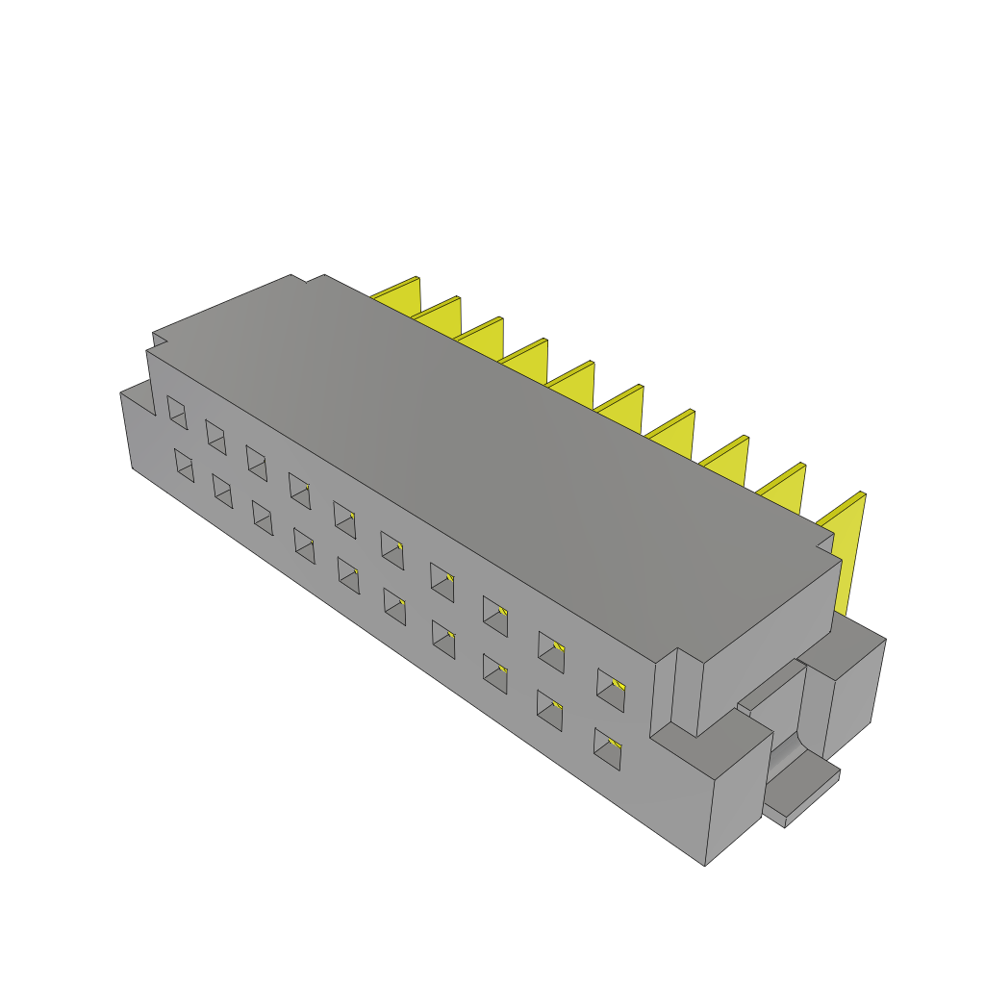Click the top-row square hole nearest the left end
click(177, 412)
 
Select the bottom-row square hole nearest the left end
click(184, 465)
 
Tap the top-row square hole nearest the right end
click(610, 687)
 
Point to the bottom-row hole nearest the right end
click(607, 749)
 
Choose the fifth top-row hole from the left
click(344, 517)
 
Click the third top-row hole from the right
click(494, 616)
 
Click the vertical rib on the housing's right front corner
click(685, 693)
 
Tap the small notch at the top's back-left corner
click(160, 339)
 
